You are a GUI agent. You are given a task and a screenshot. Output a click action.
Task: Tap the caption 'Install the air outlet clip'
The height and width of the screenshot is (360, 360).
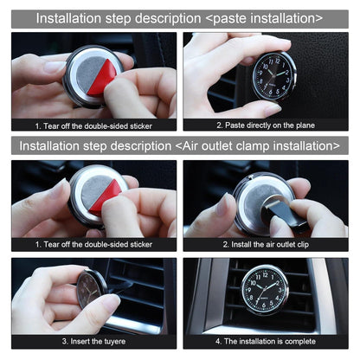point(266,245)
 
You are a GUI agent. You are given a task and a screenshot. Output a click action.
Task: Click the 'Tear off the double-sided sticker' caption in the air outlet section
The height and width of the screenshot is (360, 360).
point(93,245)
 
